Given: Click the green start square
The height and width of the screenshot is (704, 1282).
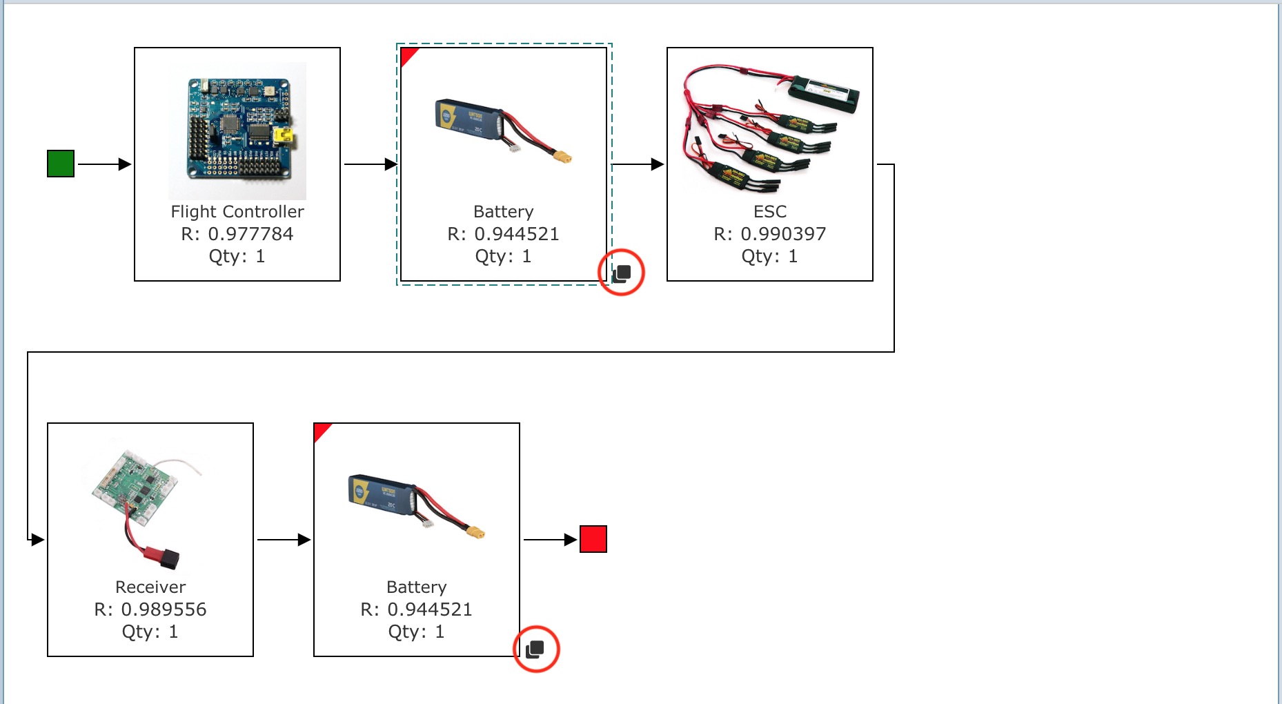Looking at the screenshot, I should coord(61,164).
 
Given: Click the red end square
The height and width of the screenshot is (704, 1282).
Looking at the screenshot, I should coord(593,539).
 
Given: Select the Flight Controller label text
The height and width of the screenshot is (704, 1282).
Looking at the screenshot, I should coord(237,212).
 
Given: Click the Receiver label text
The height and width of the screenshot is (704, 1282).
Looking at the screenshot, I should coord(150,587).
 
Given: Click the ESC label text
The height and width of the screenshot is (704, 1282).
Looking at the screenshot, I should coord(769,212).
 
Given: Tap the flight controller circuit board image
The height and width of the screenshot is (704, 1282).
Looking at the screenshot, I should coord(237,130).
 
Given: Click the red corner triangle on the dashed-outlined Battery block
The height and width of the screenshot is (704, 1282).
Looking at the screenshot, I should coord(407,54).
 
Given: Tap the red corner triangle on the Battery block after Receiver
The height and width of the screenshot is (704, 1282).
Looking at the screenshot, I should coord(320,429).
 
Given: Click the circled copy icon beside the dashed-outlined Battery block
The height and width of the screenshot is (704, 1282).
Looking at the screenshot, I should coord(622,273).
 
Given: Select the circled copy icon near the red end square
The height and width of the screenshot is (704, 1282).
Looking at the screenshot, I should coord(535,649).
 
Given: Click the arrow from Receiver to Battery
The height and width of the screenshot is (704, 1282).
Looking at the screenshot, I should coord(284,540).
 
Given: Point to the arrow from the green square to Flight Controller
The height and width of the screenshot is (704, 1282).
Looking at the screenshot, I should coord(103,164).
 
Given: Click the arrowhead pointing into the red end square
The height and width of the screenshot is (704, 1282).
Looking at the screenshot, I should coord(571,540).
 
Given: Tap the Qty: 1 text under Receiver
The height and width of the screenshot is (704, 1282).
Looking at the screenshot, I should coord(150,632).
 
